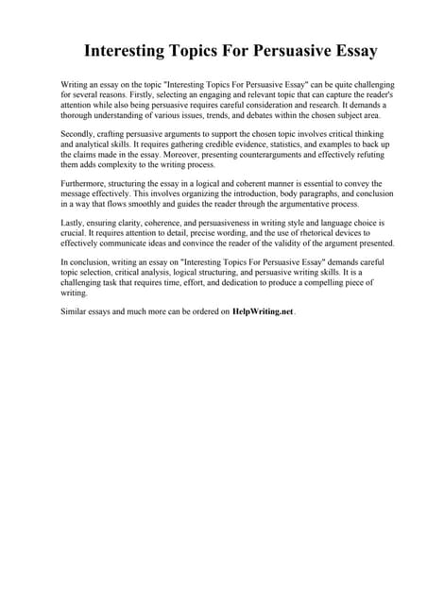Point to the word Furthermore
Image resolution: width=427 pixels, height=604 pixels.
[86, 183]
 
